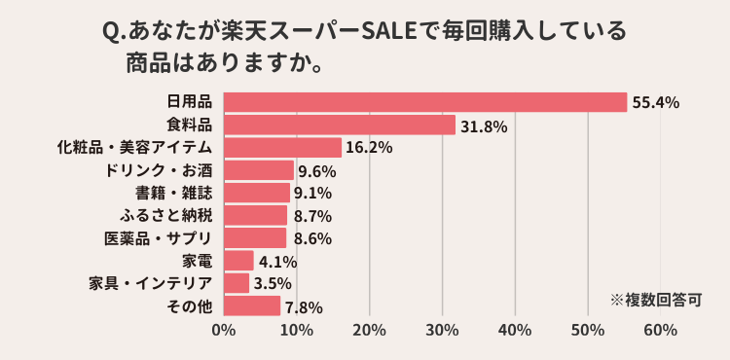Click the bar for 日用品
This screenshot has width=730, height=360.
click(425, 102)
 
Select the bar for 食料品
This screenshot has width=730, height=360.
click(340, 125)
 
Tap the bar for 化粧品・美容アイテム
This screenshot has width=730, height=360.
click(282, 147)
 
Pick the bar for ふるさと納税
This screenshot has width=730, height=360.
click(255, 215)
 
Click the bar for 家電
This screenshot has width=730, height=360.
click(238, 261)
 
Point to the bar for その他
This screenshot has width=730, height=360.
click(252, 306)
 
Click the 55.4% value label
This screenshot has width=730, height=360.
click(655, 102)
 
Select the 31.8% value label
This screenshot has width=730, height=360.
click(484, 126)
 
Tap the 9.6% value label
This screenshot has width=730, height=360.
click(317, 171)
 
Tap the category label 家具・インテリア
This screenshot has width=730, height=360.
click(150, 283)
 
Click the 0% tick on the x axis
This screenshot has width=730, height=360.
click(224, 331)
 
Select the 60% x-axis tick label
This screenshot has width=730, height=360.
click(660, 331)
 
